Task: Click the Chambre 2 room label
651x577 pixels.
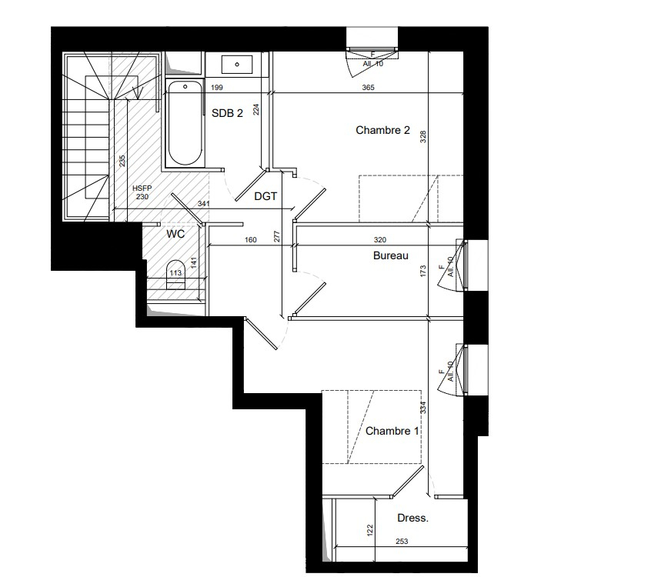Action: click(x=382, y=130)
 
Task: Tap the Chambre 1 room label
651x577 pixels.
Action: click(x=392, y=431)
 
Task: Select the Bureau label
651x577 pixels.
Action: click(x=391, y=255)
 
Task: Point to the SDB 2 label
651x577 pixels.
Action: click(x=227, y=113)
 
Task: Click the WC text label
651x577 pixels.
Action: click(x=175, y=234)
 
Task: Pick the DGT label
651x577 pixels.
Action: click(x=265, y=196)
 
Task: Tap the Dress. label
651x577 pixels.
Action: click(x=412, y=518)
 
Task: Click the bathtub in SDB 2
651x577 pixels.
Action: click(x=185, y=124)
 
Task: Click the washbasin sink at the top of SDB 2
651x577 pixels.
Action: click(x=237, y=65)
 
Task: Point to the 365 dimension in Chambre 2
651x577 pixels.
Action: click(x=368, y=88)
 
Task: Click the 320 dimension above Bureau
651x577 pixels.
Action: click(x=380, y=240)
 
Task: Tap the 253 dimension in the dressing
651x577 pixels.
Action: click(x=402, y=542)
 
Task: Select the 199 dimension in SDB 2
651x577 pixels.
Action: click(x=217, y=88)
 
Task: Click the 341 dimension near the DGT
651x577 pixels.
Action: click(x=203, y=204)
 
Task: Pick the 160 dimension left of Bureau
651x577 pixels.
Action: click(x=251, y=240)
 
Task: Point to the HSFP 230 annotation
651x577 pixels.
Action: click(x=142, y=193)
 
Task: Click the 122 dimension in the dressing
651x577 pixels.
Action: click(x=370, y=530)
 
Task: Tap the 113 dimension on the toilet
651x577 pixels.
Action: click(x=175, y=273)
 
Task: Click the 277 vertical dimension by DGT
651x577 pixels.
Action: click(x=277, y=237)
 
